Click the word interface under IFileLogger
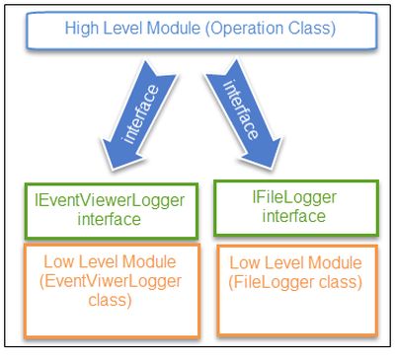(295, 217)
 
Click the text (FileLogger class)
(295, 282)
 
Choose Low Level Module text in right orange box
(295, 264)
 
